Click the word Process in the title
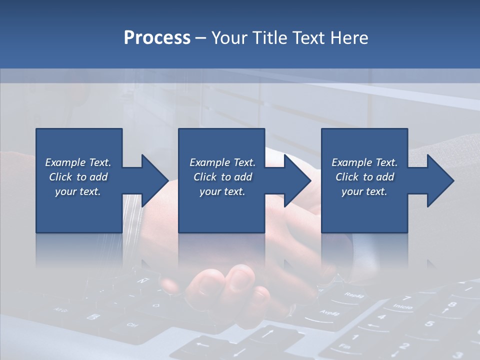(157, 38)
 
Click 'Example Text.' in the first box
(78, 162)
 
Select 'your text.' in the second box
(222, 191)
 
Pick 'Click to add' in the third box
(364, 177)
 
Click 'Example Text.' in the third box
(364, 162)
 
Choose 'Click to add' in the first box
(78, 177)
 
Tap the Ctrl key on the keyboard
(132, 325)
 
